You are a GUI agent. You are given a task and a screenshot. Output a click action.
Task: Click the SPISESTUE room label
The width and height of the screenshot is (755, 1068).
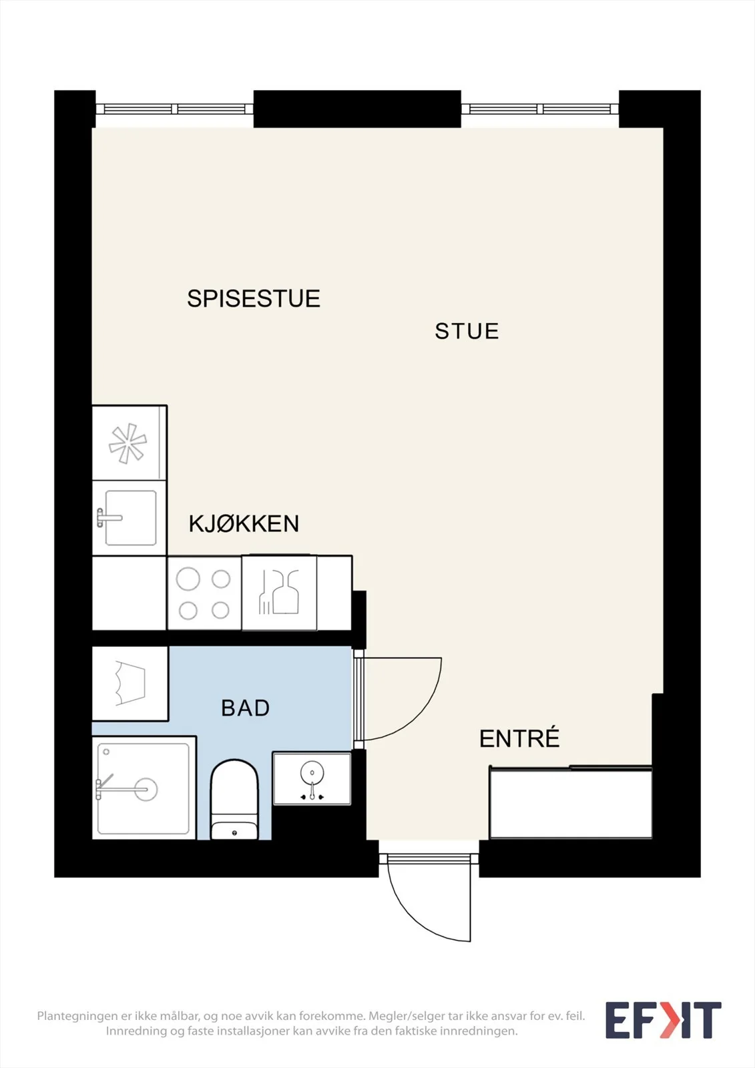pos(253,298)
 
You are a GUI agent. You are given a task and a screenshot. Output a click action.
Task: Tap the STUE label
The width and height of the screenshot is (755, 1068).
pos(467,331)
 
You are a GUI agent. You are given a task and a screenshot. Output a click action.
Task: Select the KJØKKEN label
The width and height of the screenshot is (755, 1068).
pos(244,523)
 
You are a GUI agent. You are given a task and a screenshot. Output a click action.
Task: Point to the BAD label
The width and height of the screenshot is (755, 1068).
pos(245,708)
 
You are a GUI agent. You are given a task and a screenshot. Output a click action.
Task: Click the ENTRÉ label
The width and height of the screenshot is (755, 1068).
pos(519,738)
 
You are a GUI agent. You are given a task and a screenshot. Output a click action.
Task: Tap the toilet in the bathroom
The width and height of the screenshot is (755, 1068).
pos(234,800)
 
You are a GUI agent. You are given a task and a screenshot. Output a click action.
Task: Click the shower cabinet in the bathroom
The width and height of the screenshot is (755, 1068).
pos(144,788)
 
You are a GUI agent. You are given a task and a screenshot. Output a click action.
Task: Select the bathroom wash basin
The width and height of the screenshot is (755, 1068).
pos(312,778)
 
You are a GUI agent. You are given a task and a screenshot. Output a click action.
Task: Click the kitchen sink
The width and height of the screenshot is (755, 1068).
pos(130,518)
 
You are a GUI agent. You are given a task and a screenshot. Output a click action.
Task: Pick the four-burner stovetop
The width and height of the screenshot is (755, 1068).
pos(204,593)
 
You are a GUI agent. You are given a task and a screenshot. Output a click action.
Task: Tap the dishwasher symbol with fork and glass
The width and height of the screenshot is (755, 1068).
pos(280,593)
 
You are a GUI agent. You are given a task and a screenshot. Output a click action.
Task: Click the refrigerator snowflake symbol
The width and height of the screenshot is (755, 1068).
pos(128,443)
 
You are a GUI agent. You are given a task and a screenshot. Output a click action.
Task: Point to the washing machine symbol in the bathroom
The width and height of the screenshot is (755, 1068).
pos(130,684)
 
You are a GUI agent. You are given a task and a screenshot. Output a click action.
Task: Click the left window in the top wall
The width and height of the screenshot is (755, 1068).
pos(174,109)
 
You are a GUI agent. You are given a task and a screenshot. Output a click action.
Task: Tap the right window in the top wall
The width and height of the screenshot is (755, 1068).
pos(540,109)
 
